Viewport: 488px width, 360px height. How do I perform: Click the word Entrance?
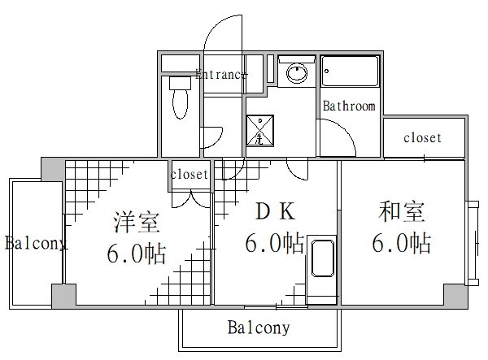pyautogui.click(x=221, y=75)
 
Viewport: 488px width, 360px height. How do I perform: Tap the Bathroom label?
pyautogui.click(x=349, y=106)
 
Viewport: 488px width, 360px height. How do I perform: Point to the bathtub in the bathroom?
pyautogui.click(x=350, y=71)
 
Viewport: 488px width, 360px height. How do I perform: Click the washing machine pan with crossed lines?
pyautogui.click(x=261, y=130)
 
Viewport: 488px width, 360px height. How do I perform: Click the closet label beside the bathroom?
pyautogui.click(x=422, y=138)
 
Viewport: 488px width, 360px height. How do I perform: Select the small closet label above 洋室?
pyautogui.click(x=190, y=175)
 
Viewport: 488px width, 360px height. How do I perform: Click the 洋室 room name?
pyautogui.click(x=136, y=220)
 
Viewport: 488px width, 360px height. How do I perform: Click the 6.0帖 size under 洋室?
pyautogui.click(x=136, y=254)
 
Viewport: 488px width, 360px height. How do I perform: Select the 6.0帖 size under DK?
pyautogui.click(x=275, y=243)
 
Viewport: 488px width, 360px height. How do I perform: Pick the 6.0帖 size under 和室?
pyautogui.click(x=401, y=243)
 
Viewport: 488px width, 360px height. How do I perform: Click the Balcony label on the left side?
pyautogui.click(x=35, y=243)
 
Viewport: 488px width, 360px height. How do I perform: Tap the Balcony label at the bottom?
pyautogui.click(x=258, y=329)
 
